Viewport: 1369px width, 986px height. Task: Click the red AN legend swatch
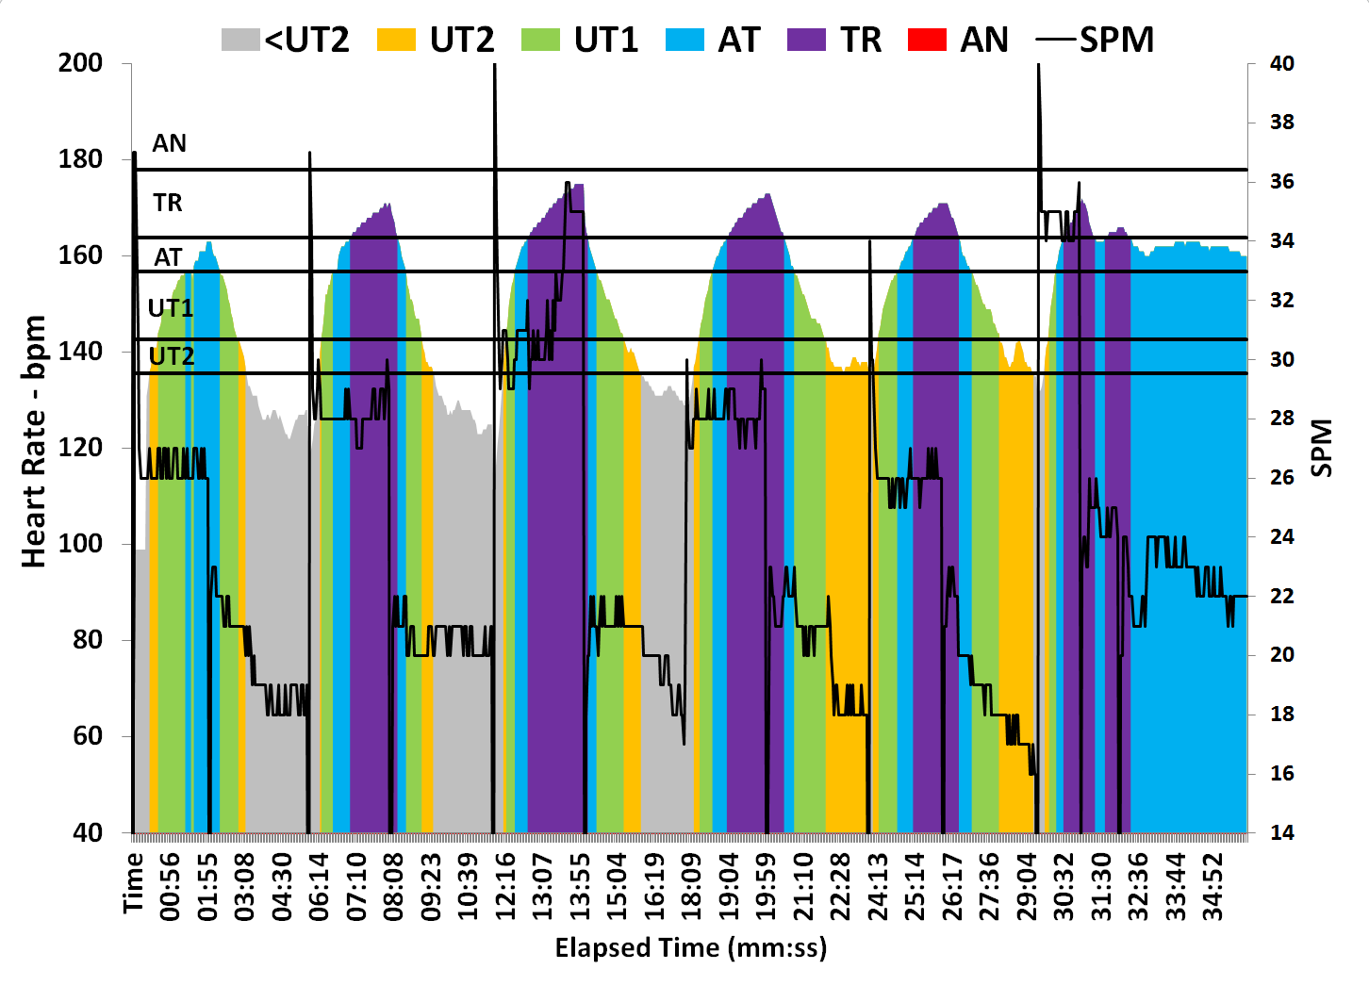(927, 41)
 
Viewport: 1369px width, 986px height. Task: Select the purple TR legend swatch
(806, 41)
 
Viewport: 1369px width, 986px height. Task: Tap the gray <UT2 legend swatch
(240, 41)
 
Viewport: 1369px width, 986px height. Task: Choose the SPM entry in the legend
(1096, 41)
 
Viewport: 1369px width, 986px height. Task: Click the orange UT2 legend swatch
(396, 41)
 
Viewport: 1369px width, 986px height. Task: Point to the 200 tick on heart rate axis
(80, 63)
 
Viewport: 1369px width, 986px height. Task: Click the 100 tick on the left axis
(80, 544)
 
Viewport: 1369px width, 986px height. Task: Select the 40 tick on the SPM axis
(1282, 63)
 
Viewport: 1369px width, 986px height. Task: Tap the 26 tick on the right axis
(1282, 477)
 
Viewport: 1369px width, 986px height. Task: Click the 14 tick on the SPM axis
(1282, 832)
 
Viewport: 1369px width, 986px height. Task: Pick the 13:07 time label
(543, 886)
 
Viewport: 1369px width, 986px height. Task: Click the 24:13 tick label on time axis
(878, 886)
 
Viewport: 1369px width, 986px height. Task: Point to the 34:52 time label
(1213, 886)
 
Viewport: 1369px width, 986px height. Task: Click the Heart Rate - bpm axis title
(34, 441)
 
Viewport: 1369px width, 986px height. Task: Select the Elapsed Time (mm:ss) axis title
(690, 947)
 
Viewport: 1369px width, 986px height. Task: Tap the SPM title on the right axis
(1322, 448)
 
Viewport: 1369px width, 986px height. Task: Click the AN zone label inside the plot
(170, 143)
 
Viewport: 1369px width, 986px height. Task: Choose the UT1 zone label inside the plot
(171, 308)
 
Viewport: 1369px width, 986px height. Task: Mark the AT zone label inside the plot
(168, 257)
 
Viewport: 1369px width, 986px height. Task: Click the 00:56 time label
(171, 886)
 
